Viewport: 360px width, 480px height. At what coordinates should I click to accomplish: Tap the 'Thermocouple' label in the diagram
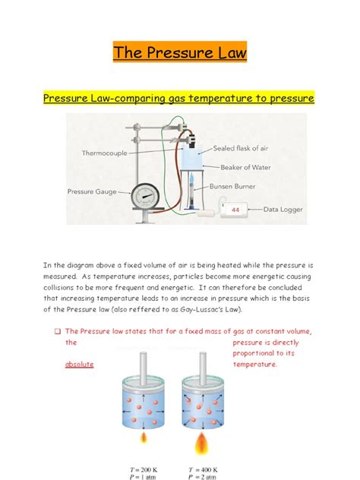pyautogui.click(x=105, y=153)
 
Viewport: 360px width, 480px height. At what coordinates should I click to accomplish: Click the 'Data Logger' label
pyautogui.click(x=285, y=207)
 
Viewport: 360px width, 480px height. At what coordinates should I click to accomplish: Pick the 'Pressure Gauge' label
pyautogui.click(x=92, y=192)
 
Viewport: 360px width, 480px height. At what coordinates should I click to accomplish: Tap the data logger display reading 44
pyautogui.click(x=235, y=209)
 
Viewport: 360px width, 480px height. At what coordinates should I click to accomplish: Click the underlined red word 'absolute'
pyautogui.click(x=79, y=365)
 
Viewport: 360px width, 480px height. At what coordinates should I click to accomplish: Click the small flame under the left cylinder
pyautogui.click(x=140, y=439)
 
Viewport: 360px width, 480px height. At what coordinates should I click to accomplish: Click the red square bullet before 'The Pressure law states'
pyautogui.click(x=57, y=331)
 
